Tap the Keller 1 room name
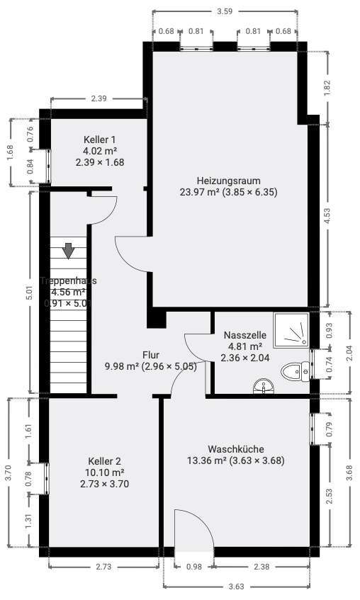coord(99,140)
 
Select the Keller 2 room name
coord(104,460)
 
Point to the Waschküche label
coord(236,449)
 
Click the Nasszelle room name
coord(244,335)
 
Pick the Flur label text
coord(150,355)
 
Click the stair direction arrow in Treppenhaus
coord(68,251)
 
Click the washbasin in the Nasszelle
coord(264,387)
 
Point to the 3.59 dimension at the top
coord(224,11)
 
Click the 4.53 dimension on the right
coord(327,215)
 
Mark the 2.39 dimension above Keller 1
coord(99,98)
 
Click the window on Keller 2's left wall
coord(46,478)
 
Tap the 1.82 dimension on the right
coord(327,88)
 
